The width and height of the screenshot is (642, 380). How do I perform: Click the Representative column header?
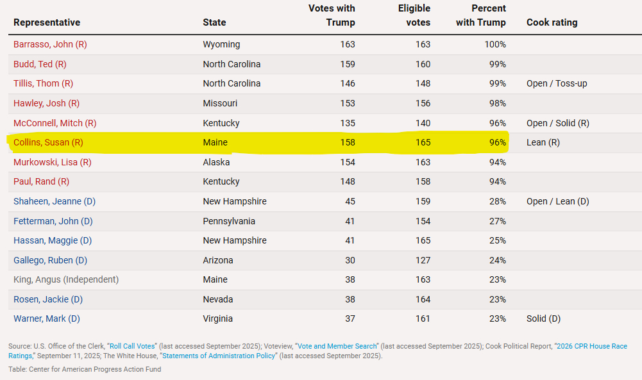47,22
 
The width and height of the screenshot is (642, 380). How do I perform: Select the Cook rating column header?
552,22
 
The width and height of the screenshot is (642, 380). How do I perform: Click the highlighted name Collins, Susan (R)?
48,142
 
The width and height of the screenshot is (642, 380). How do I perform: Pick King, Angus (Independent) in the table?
66,279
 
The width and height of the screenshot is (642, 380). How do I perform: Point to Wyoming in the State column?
221,45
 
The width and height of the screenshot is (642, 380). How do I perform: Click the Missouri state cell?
220,103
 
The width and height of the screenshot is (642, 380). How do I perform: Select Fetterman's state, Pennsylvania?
229,221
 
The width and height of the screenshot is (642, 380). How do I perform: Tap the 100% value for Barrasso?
495,45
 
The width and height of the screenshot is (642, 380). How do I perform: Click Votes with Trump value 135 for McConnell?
347,123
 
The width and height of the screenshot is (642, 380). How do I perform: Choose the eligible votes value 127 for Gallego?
423,260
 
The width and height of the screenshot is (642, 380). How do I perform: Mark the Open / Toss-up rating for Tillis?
557,83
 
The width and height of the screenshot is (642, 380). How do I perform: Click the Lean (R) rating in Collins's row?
543,142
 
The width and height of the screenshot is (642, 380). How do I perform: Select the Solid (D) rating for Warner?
543,318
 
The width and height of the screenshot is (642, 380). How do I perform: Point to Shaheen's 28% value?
498,201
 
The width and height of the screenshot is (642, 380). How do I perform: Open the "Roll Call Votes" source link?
131,346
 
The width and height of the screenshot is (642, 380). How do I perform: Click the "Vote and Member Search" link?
337,346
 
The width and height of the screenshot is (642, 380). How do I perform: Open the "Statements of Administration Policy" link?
218,356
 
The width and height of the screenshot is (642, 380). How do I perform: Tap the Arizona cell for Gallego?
218,260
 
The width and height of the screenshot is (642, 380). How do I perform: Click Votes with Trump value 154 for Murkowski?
347,162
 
